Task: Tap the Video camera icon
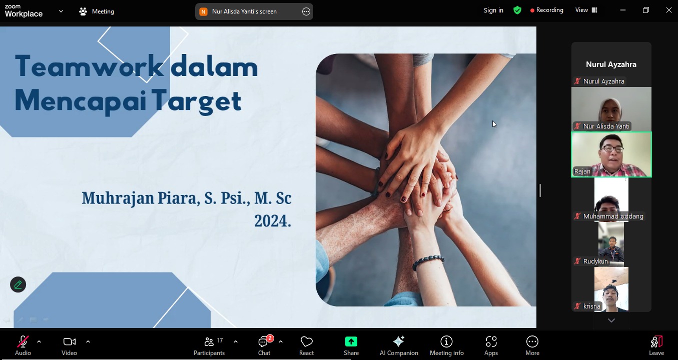coord(70,342)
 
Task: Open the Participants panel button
coord(209,345)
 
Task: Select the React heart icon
coord(306,341)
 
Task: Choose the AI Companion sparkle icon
coord(399,341)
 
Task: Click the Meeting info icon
coord(446,341)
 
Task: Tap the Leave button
coord(656,345)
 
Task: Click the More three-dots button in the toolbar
coord(532,341)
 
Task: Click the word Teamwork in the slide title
coord(89,66)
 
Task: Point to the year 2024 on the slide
coord(272,220)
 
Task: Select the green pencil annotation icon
coord(18,284)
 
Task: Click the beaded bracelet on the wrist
coord(428,261)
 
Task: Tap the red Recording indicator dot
coord(532,10)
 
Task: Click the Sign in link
coord(493,10)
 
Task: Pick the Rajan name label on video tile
coord(582,171)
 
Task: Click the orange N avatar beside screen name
coord(203,11)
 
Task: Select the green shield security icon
coord(517,10)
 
